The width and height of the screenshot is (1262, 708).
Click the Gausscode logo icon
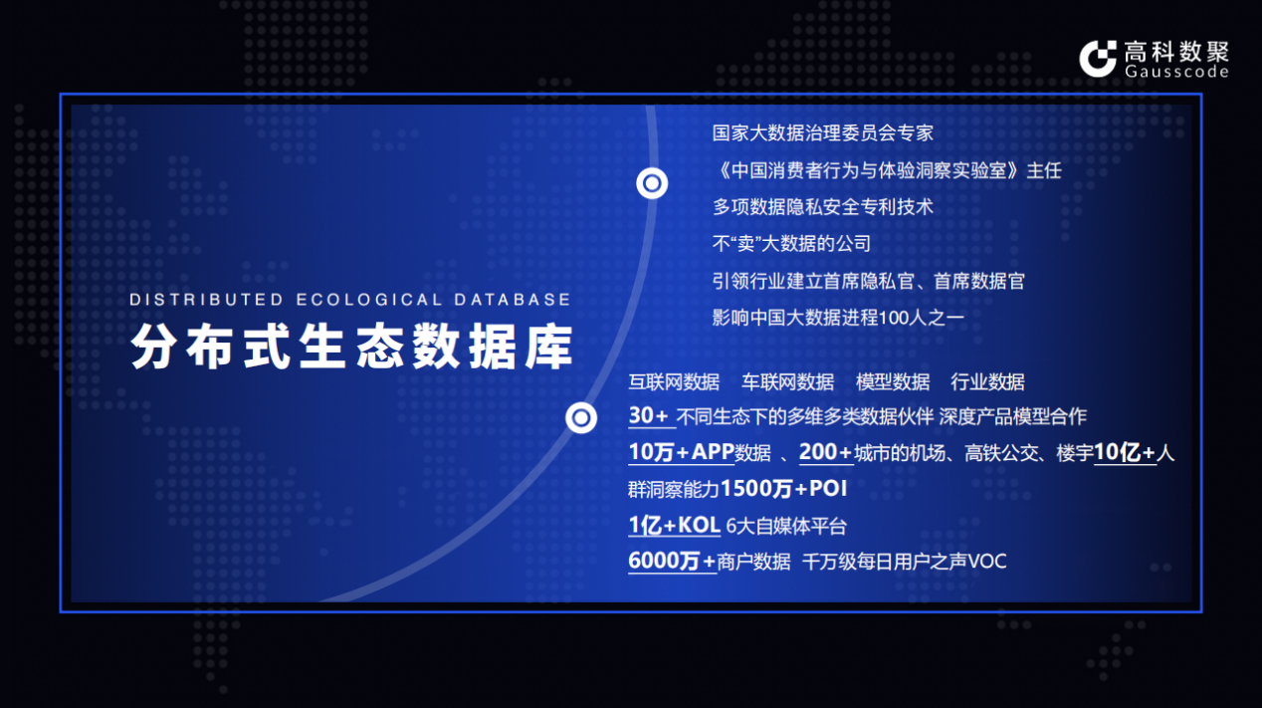click(x=1098, y=59)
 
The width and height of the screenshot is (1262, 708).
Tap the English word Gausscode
click(x=1176, y=71)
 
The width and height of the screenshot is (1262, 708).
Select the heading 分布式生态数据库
click(x=352, y=347)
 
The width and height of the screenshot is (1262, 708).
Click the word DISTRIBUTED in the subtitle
click(x=206, y=300)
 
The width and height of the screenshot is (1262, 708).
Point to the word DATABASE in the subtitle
click(x=513, y=300)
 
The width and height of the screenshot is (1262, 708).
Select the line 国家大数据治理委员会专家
click(x=822, y=133)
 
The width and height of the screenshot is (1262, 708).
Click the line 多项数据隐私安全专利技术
click(x=822, y=207)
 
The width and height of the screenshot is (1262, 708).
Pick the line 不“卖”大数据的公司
click(x=791, y=244)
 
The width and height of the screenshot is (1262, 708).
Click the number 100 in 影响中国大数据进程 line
click(x=893, y=318)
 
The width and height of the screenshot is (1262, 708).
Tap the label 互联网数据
click(x=674, y=382)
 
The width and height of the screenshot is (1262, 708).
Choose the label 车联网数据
click(x=787, y=382)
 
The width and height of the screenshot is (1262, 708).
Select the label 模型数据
click(x=893, y=382)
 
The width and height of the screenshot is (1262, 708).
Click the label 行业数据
click(x=987, y=382)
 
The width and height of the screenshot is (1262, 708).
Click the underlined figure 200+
click(x=825, y=452)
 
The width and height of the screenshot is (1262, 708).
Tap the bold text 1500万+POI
click(x=783, y=488)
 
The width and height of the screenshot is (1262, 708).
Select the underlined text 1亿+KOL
click(x=674, y=526)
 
